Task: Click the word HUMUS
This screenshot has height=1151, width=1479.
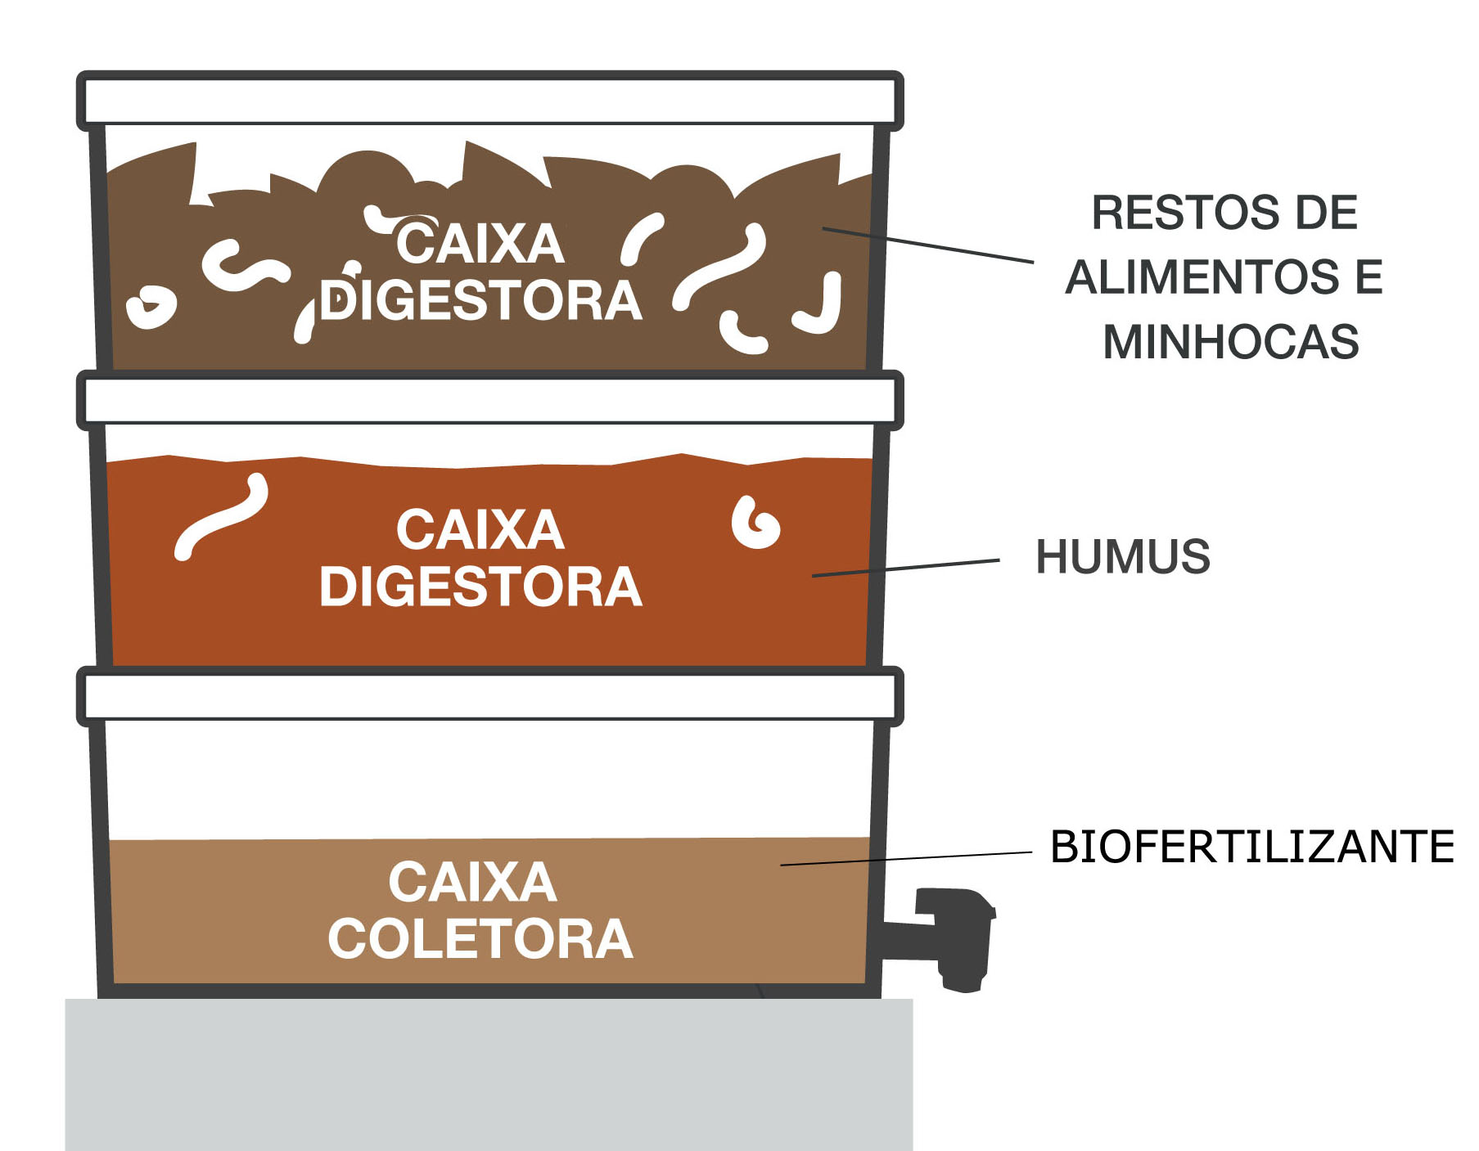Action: pyautogui.click(x=1122, y=557)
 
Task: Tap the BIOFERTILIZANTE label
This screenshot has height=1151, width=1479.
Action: pyautogui.click(x=1251, y=847)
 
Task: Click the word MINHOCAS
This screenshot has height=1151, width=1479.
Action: pyautogui.click(x=1230, y=342)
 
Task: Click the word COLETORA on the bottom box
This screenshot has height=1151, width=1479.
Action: pyautogui.click(x=480, y=939)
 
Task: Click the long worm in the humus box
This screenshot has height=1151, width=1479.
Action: pyautogui.click(x=221, y=518)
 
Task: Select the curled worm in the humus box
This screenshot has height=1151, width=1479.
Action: pyautogui.click(x=755, y=524)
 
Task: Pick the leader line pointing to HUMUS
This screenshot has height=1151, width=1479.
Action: pyautogui.click(x=905, y=568)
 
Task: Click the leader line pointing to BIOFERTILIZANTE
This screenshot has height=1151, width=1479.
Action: pyautogui.click(x=905, y=858)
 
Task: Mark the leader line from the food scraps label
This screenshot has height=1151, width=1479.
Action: pyautogui.click(x=927, y=245)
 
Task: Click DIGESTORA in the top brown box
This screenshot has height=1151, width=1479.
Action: pyautogui.click(x=480, y=301)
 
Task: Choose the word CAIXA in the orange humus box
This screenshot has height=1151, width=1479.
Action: pyautogui.click(x=480, y=530)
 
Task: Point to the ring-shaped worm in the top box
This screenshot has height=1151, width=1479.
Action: pyautogui.click(x=151, y=307)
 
